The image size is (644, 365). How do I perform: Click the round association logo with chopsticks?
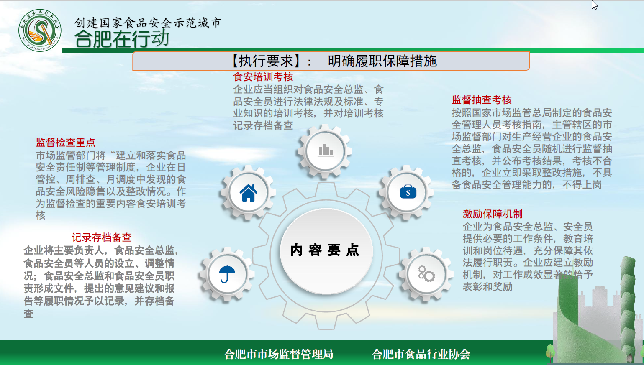(x=40, y=30)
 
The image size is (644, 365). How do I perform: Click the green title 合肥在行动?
(x=122, y=38)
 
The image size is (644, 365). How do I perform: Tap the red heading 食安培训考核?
(x=263, y=77)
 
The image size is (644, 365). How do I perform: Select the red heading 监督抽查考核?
(x=482, y=100)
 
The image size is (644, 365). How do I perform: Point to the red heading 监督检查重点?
(x=66, y=143)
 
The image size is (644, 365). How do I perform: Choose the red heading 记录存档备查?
(x=102, y=237)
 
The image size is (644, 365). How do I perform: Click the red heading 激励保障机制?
(x=493, y=214)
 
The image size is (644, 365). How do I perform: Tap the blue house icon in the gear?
(x=249, y=193)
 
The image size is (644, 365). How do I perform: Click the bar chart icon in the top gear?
(x=326, y=150)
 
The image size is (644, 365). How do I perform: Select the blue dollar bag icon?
(x=408, y=191)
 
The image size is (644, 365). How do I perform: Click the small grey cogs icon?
(x=426, y=274)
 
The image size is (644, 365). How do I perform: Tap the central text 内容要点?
(x=325, y=250)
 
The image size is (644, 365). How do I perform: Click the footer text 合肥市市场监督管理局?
(x=279, y=354)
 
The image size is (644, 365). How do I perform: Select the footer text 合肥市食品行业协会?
(x=421, y=354)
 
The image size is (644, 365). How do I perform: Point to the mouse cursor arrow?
(x=595, y=5)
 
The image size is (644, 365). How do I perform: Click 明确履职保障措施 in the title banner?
(x=382, y=61)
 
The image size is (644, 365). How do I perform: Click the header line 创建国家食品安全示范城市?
(x=148, y=23)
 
